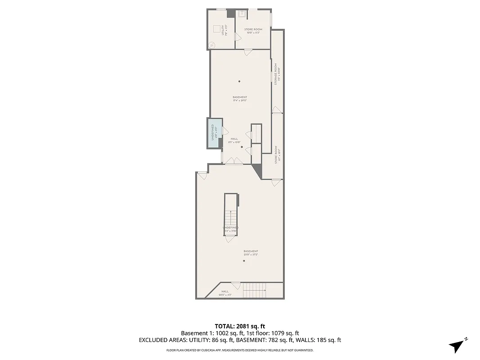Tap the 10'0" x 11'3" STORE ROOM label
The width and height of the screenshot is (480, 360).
coord(253,31)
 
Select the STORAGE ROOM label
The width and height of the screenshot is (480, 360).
coord(279,76)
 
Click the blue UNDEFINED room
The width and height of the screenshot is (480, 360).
coord(215,133)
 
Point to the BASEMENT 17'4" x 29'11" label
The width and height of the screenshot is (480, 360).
coord(240,99)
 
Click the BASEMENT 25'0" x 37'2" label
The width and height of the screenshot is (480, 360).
coord(251,252)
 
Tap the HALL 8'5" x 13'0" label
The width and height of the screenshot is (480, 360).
coord(234,140)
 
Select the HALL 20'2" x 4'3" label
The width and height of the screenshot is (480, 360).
coord(225,293)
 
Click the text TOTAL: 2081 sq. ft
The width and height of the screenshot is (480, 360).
coord(240,326)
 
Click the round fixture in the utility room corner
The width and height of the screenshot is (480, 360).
coord(212,45)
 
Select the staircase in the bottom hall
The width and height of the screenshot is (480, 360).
coord(255,291)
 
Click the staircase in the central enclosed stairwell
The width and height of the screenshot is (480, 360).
coord(231,218)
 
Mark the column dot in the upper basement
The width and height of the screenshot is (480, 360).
coord(239,81)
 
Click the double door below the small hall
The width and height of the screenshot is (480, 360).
coord(234,162)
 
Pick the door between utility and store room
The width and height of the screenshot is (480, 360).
coord(237,39)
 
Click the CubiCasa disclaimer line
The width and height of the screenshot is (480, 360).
coord(240,350)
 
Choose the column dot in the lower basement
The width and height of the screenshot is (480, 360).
coord(244,261)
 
